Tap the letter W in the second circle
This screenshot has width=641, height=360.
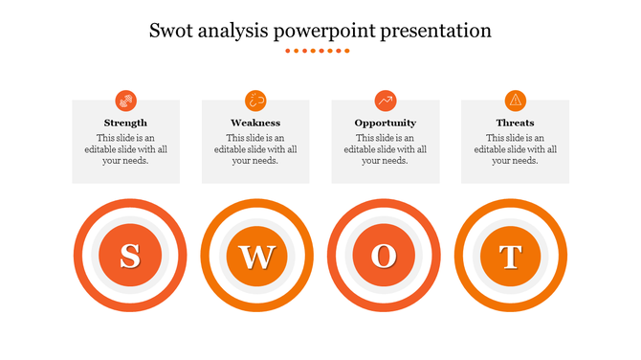pos(256,256)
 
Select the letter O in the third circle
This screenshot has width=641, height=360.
pos(383,256)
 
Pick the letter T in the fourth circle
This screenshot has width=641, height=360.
pos(511,256)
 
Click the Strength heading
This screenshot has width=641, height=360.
pos(125,123)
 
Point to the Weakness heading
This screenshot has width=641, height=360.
pos(255,123)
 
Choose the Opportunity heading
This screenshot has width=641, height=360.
pos(385,123)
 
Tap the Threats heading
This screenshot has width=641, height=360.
pos(515,123)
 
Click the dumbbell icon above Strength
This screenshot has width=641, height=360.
pos(125,100)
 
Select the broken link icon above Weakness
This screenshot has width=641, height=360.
pos(255,100)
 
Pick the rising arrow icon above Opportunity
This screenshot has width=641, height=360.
pos(385,100)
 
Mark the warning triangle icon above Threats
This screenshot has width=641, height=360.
pos(515,100)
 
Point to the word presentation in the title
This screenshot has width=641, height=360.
pos(435,32)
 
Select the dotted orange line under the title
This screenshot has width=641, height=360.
pos(319,51)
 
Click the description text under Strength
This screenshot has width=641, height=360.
pos(125,149)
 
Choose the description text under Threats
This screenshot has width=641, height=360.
pos(515,149)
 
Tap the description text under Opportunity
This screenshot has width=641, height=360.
pos(385,149)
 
